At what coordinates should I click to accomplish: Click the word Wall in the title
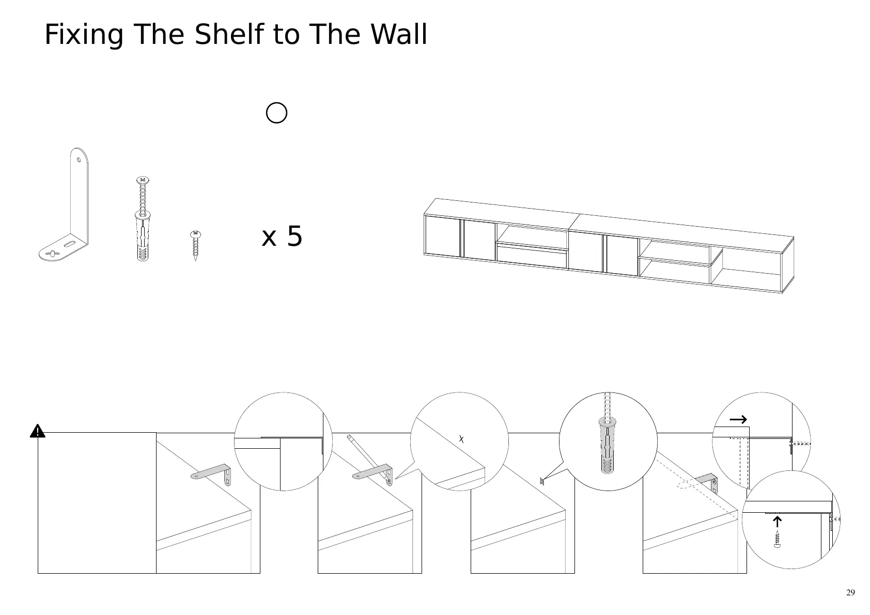399,35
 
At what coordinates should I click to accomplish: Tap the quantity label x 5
282,236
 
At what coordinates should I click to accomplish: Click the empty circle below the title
276,113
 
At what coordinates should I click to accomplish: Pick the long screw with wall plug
143,219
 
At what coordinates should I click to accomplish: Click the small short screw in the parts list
195,245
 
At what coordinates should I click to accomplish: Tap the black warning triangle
37,431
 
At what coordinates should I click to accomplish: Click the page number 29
850,592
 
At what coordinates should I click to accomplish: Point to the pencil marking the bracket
368,458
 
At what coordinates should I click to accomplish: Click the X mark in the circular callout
462,439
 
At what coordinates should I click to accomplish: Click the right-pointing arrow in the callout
738,419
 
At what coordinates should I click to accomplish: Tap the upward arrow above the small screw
776,522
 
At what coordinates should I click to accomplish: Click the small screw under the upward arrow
776,539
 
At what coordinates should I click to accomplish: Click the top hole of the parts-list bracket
79,159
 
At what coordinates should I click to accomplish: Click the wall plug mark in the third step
541,481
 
